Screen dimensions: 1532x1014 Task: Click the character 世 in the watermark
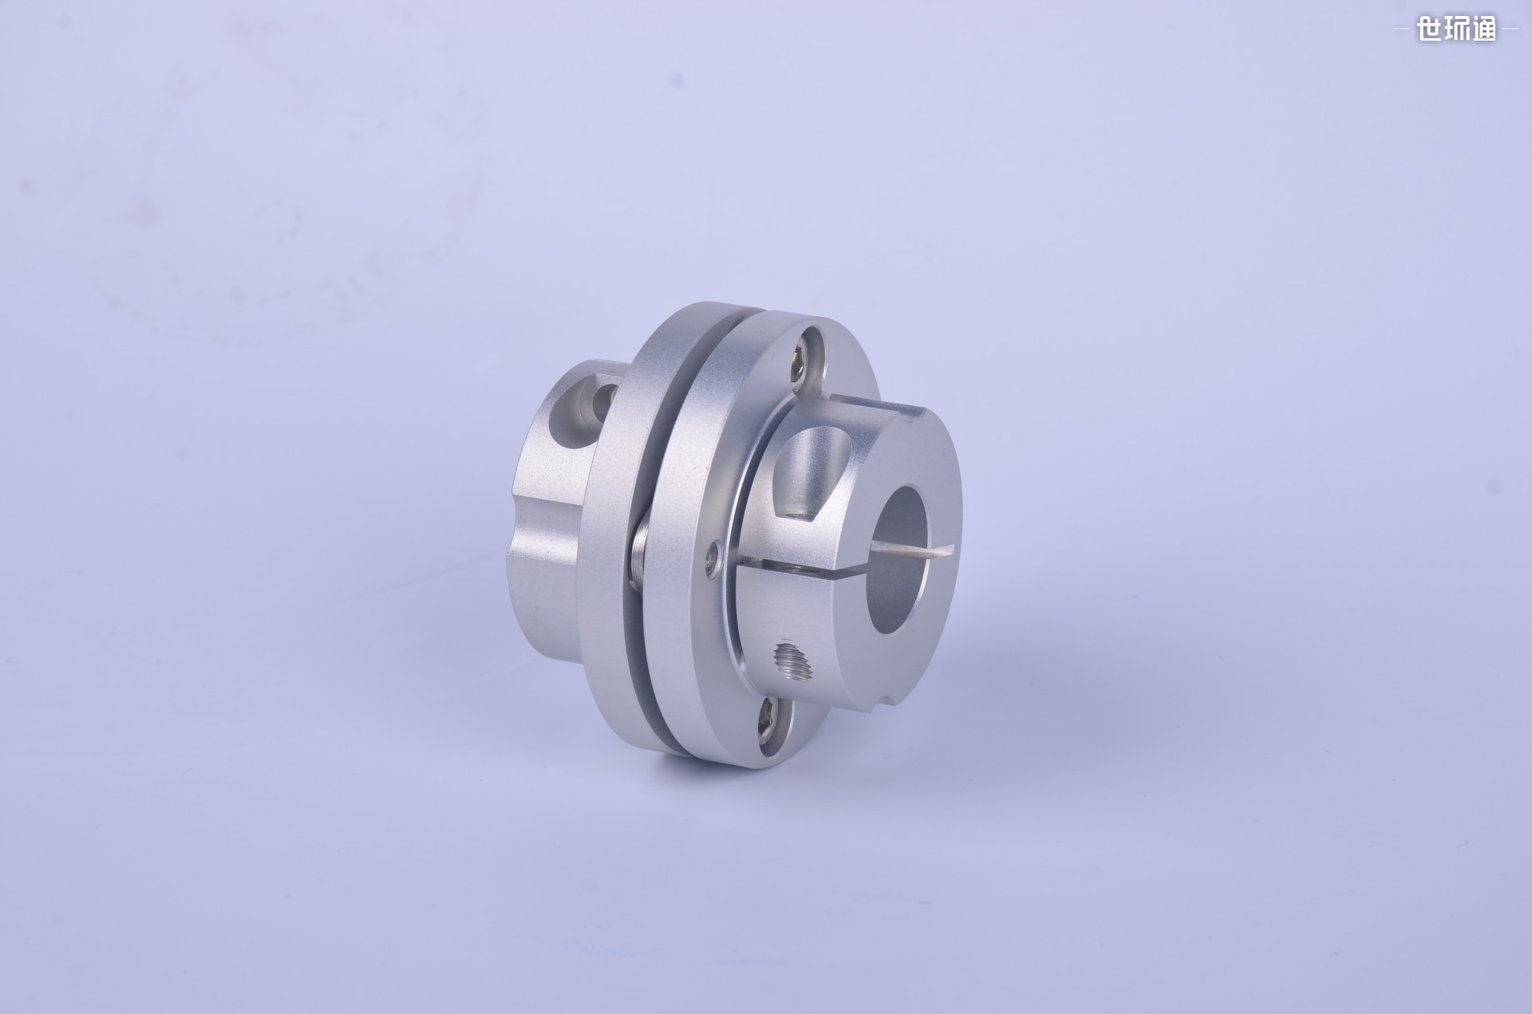1429,30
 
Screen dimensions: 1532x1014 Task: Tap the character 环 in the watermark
1456,30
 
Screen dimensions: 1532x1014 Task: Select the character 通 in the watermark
1483,30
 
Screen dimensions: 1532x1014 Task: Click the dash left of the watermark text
1404,30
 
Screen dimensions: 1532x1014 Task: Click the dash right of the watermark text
1509,30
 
